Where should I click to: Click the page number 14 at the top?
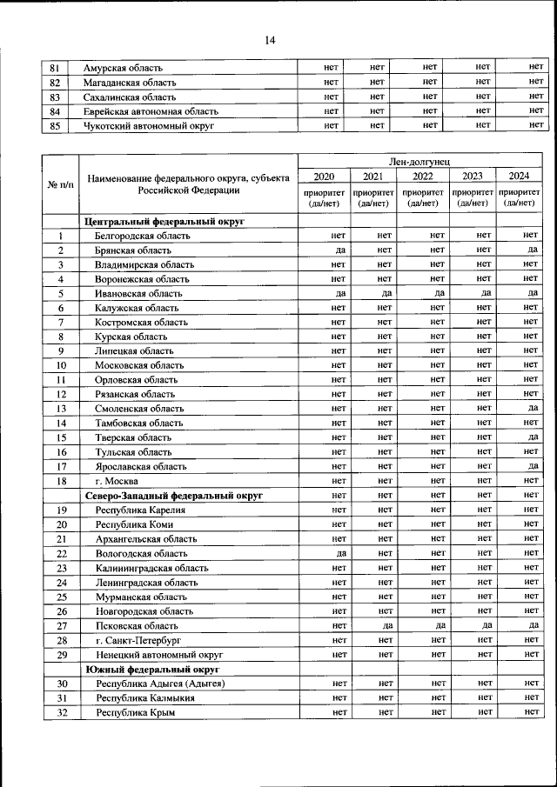270,40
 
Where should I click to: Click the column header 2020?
323,177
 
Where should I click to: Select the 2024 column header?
520,177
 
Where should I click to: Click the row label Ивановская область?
139,294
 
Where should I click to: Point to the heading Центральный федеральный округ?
165,222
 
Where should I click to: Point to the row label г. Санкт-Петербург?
140,640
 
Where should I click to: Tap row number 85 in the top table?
55,126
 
